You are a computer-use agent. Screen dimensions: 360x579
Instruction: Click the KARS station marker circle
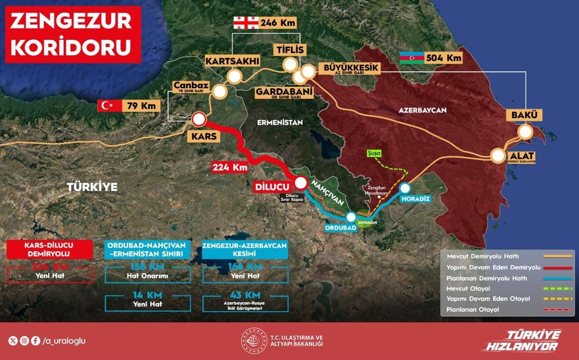point(199,120)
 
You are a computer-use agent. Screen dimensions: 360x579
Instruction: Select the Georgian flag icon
point(245,22)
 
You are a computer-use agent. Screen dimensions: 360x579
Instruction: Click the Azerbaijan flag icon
point(412,58)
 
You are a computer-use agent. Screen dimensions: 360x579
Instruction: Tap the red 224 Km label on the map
point(230,167)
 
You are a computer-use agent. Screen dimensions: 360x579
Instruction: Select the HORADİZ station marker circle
point(405,188)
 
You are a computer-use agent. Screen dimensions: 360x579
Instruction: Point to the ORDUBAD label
point(341,227)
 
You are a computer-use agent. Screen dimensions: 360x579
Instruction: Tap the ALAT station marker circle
point(498,156)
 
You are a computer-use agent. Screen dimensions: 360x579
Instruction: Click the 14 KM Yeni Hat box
point(147,300)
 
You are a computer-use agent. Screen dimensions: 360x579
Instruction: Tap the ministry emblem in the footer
point(254,341)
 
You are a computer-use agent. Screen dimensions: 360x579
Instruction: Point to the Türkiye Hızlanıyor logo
point(522,341)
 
